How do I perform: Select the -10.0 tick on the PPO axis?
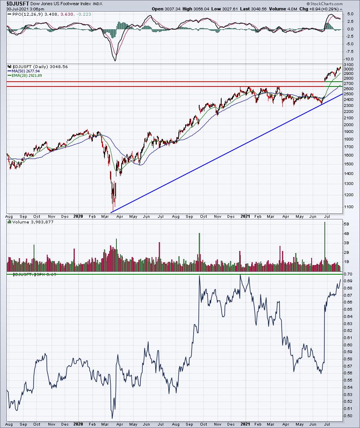[x=349, y=59]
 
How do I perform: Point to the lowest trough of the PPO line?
[x=115, y=60]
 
